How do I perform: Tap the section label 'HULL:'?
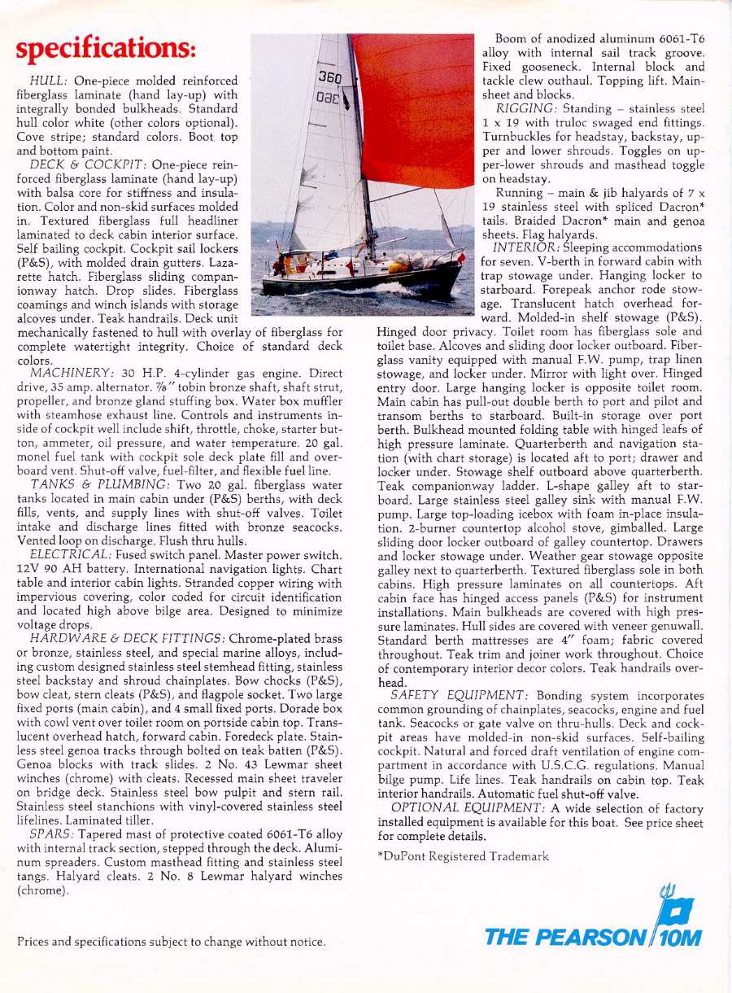pos(50,81)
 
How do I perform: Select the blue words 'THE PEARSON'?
pos(566,937)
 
